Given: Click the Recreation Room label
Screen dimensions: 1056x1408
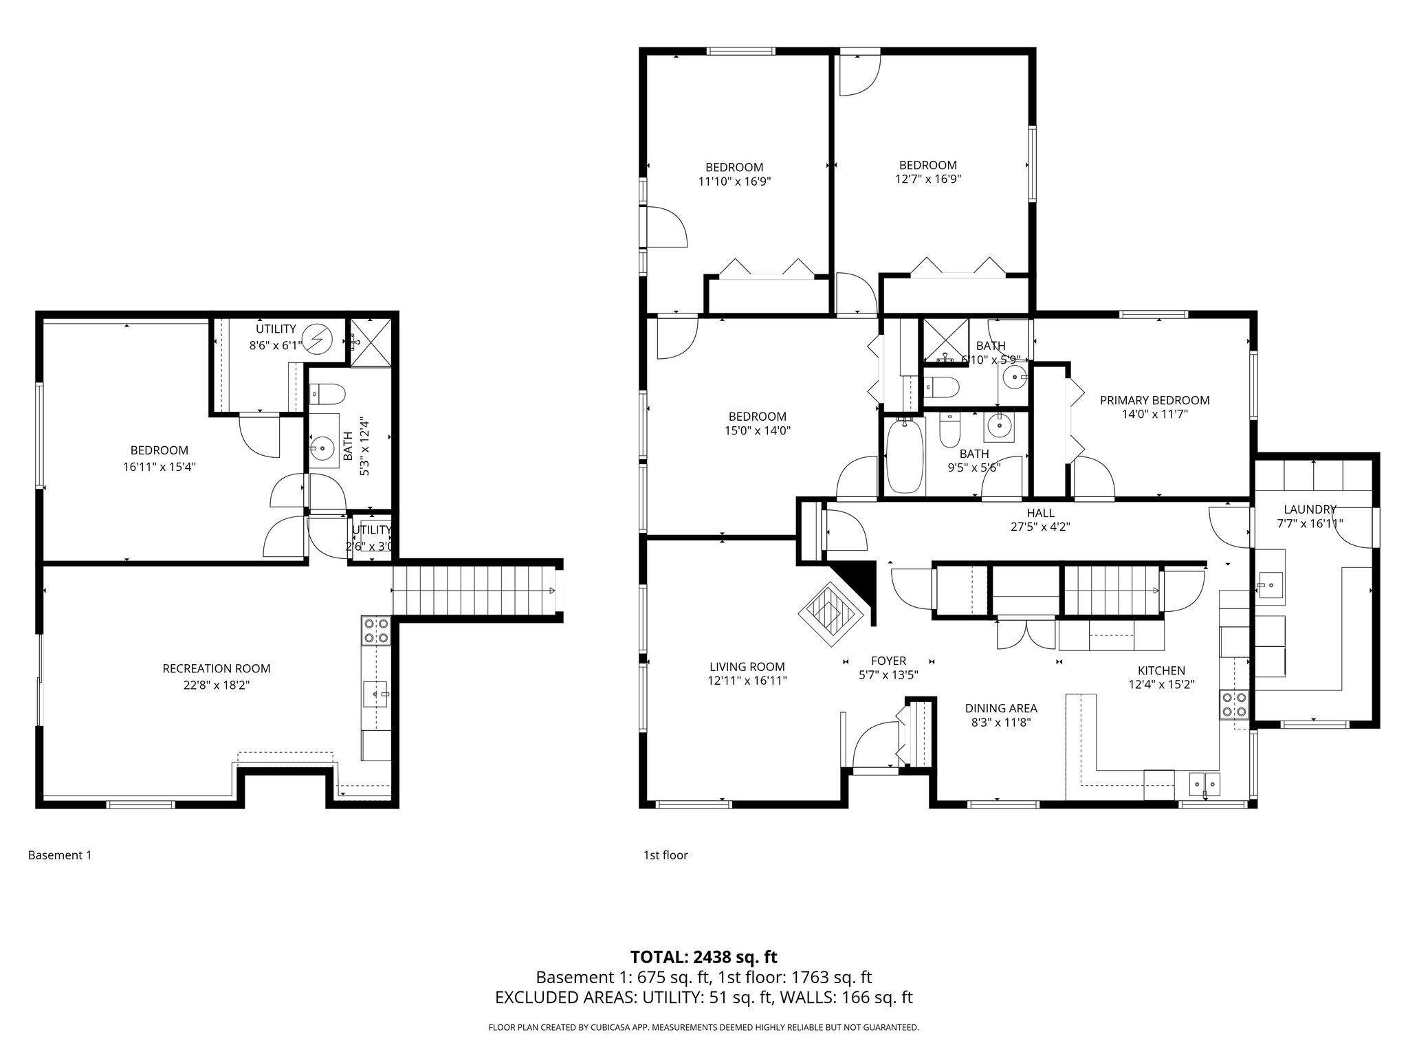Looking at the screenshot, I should [x=216, y=668].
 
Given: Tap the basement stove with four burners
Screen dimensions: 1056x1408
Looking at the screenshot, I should [x=375, y=631].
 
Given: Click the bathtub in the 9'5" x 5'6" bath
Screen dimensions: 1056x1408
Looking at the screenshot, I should [x=903, y=457].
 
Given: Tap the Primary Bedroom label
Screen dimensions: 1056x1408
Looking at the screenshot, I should [x=1154, y=400].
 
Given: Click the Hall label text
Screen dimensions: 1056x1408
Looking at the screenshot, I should [x=1040, y=513].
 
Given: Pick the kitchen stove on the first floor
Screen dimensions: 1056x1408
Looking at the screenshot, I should [x=1233, y=704].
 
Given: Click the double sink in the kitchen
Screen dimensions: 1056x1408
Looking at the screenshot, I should [x=1204, y=782].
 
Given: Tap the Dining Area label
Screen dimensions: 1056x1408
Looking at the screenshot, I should [x=1000, y=708].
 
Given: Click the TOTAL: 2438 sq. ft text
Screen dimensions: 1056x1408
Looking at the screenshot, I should [x=703, y=956].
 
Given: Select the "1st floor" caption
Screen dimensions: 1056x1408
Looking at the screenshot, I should [x=665, y=855].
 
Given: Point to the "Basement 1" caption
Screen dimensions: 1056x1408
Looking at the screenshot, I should [x=59, y=855].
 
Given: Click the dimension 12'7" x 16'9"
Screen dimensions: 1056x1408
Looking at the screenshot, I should [x=927, y=179].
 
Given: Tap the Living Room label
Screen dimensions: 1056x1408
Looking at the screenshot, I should [x=747, y=666].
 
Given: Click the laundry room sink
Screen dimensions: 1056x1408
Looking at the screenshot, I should [x=1270, y=586].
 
